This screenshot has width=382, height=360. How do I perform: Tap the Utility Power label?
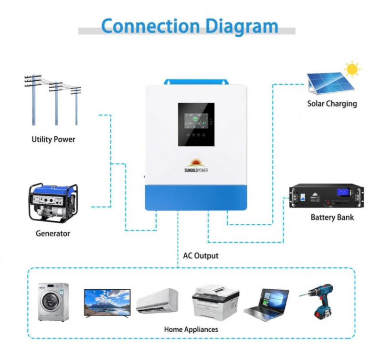point(53,140)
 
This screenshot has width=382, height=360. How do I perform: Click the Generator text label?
point(53,234)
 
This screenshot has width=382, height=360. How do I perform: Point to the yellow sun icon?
point(352,69)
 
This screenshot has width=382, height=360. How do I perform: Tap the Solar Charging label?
point(332,103)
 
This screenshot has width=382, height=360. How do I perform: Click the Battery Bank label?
point(332,217)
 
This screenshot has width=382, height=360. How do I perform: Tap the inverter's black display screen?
point(196,125)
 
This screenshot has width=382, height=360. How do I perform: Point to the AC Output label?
point(201,256)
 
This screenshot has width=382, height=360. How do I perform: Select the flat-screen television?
point(107,302)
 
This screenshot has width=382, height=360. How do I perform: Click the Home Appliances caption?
point(191,329)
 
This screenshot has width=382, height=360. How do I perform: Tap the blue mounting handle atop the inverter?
point(196,82)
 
